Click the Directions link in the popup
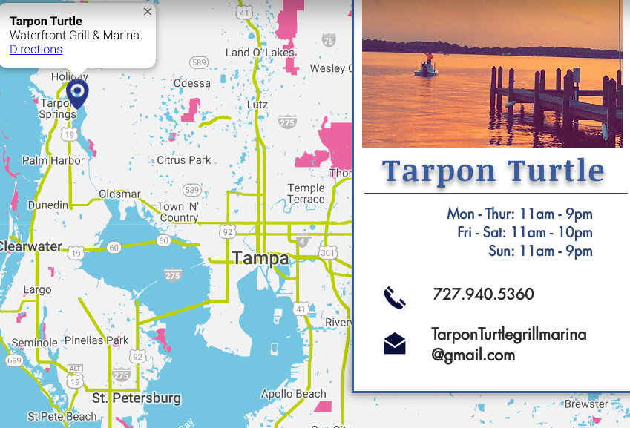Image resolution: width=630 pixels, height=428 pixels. tap(36, 50)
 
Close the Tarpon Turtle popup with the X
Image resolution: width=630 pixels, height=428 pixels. tap(148, 12)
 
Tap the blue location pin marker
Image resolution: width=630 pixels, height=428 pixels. tap(77, 93)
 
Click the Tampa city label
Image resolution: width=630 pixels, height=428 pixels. tap(260, 258)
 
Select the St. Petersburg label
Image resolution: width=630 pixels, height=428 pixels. tap(137, 398)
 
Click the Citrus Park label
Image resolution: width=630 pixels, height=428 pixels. tap(184, 160)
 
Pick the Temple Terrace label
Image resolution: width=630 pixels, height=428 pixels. tap(306, 194)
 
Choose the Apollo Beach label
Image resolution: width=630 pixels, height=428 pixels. tap(293, 394)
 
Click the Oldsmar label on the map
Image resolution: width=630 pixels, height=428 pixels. tap(119, 194)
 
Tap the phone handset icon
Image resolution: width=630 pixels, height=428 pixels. tap(394, 297)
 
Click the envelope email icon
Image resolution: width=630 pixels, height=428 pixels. tap(395, 343)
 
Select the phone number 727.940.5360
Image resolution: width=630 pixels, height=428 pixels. tap(483, 294)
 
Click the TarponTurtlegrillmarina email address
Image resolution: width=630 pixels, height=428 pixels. tap(508, 344)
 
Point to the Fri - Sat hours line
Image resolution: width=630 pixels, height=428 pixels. tap(525, 232)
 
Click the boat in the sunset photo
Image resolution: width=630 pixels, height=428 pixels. tap(426, 68)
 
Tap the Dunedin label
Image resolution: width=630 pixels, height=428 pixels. tap(47, 205)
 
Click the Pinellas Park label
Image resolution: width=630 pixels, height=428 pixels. tap(96, 341)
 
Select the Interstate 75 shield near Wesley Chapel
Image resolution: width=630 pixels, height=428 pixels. tap(329, 41)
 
